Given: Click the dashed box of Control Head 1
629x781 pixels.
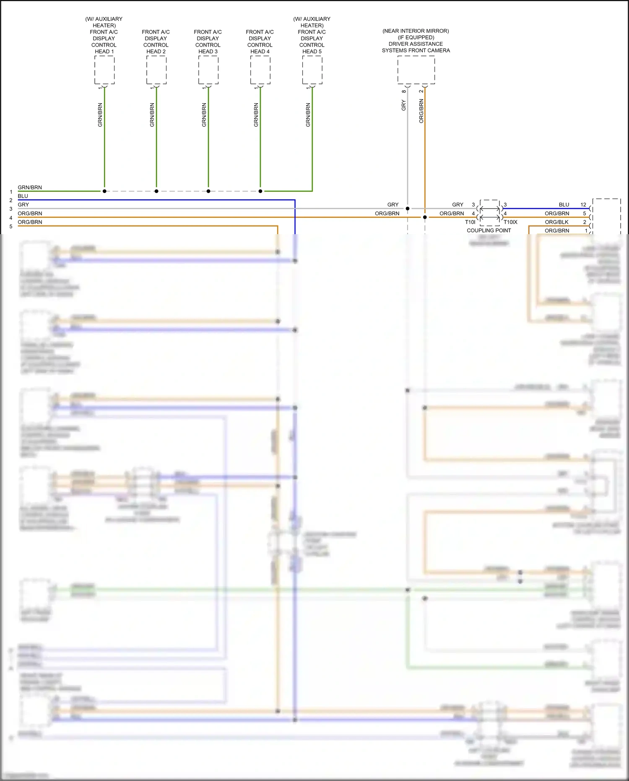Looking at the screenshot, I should pyautogui.click(x=104, y=70).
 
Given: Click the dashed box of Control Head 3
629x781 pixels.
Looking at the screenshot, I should pyautogui.click(x=208, y=70).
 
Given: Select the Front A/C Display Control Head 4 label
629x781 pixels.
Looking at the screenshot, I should pyautogui.click(x=260, y=42).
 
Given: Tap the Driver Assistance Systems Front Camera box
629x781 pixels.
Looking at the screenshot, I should pyautogui.click(x=416, y=70).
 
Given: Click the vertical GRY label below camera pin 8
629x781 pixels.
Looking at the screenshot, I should pyautogui.click(x=404, y=105).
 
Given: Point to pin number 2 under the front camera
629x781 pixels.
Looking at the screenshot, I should pyautogui.click(x=421, y=91).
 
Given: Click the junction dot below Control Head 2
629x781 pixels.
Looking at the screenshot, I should pyautogui.click(x=156, y=191).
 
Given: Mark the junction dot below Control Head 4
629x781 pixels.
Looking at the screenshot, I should pyautogui.click(x=260, y=191).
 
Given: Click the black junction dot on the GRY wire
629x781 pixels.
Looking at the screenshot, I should pyautogui.click(x=408, y=209).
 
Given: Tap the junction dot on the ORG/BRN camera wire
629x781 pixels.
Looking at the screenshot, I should pyautogui.click(x=425, y=217).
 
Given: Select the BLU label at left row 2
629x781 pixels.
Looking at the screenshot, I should pyautogui.click(x=23, y=196).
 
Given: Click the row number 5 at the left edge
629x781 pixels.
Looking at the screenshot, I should pyautogui.click(x=11, y=226).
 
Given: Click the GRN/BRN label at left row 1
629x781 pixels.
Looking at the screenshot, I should pyautogui.click(x=30, y=188).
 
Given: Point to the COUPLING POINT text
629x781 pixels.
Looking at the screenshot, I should pyautogui.click(x=489, y=230).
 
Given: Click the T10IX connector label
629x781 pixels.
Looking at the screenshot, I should pyautogui.click(x=510, y=222).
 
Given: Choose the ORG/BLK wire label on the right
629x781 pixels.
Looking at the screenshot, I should pyautogui.click(x=556, y=222).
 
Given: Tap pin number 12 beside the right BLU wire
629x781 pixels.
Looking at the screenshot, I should pyautogui.click(x=583, y=205).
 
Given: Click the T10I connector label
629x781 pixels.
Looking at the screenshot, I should pyautogui.click(x=470, y=222).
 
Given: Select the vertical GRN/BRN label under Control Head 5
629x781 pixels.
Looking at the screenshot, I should pyautogui.click(x=308, y=115).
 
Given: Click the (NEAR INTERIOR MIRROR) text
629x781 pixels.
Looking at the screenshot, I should pyautogui.click(x=416, y=31).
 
